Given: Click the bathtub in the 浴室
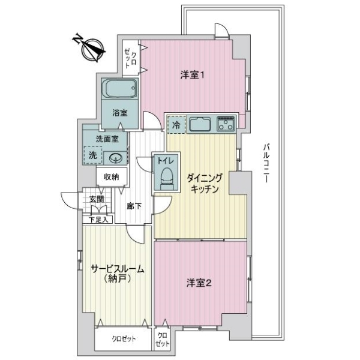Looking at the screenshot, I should [120, 91].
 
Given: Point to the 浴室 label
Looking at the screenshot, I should [119, 112].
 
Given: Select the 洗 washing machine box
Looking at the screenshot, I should [92, 155].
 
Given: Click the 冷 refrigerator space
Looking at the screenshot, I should [176, 125].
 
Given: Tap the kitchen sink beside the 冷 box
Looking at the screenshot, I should [200, 125].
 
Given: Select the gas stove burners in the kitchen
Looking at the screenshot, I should [226, 125].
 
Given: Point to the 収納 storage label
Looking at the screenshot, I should [111, 177].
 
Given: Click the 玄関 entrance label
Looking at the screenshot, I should [96, 199].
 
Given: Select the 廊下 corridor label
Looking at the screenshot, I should [134, 206].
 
